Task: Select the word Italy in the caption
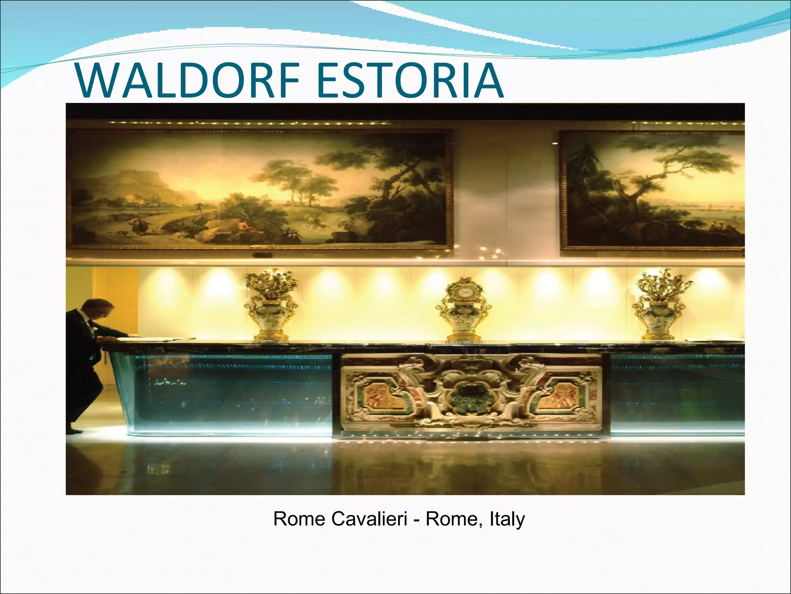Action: [x=507, y=519]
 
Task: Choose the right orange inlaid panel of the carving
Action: [x=557, y=396]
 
